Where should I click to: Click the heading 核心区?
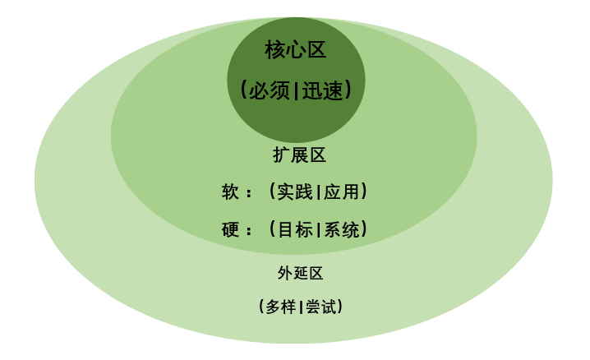point(295,51)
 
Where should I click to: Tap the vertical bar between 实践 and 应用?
point(318,193)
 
